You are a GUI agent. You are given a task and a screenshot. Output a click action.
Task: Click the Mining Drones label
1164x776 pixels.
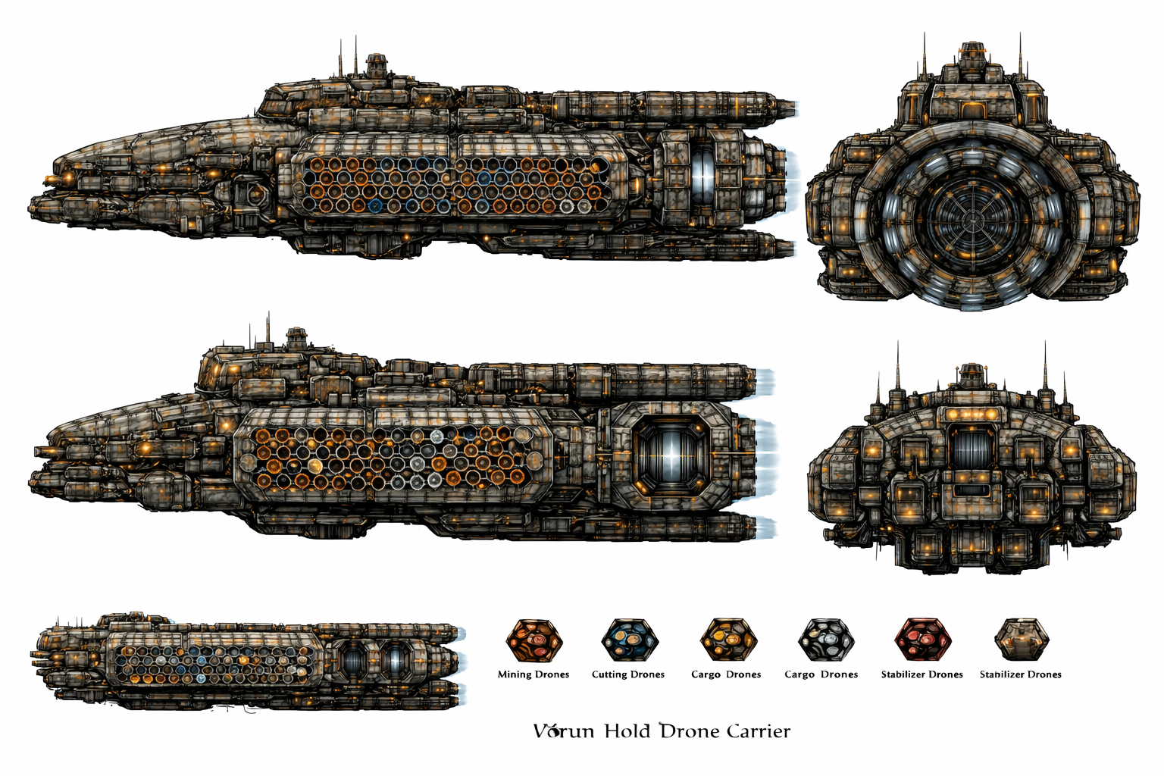pos(533,674)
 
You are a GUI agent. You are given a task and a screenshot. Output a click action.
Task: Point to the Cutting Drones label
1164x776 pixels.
pos(627,674)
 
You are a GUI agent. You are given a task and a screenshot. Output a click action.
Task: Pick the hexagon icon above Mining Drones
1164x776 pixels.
pos(534,640)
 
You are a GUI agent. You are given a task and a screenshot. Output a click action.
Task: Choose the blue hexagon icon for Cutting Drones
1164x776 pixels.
pos(630,640)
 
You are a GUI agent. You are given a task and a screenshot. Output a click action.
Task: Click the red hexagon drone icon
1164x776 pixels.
pos(922,640)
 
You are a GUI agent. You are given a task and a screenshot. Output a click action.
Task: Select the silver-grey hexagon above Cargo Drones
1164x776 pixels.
pos(825,640)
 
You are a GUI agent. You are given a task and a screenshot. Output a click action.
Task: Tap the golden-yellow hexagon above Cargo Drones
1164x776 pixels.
pos(728,640)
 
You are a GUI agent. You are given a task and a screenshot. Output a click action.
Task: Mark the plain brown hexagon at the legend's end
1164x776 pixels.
pos(1022,640)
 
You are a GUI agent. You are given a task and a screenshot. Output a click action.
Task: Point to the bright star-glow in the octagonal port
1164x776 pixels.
pos(671,459)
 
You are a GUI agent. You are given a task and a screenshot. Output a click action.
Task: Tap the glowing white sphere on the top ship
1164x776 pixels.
pos(702,177)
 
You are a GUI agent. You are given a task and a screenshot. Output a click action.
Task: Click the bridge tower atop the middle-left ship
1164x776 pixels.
pos(296,338)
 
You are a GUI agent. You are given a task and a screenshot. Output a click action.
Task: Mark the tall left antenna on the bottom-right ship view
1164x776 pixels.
pos(897,371)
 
